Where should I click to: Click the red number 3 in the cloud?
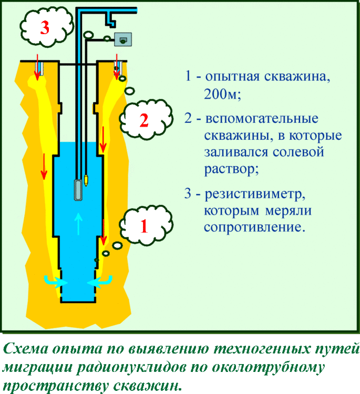coord(45,27)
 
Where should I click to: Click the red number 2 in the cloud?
coord(144,120)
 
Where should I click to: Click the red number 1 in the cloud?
coord(144,226)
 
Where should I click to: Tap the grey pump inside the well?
coord(78,190)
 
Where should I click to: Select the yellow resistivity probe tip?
coord(86,180)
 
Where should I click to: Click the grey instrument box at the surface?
coord(123,39)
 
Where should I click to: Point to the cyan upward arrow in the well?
coord(79,224)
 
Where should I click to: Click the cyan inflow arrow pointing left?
coord(99,282)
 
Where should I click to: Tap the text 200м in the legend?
coord(222,94)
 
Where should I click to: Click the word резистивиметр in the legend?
coord(255,194)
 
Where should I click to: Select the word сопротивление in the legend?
coord(254,227)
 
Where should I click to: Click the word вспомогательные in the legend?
coord(262,118)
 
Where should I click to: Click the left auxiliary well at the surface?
coord(39,68)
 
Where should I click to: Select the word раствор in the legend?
coord(231,169)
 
